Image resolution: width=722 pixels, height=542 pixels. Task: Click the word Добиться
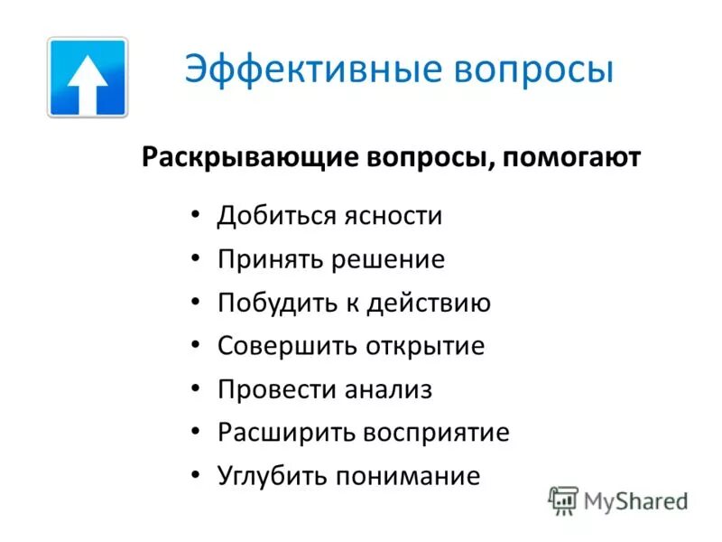tap(273, 217)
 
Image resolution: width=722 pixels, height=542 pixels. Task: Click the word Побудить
tap(273, 304)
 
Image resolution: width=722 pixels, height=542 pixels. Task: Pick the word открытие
tap(425, 346)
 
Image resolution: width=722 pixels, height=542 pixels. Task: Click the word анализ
tap(389, 389)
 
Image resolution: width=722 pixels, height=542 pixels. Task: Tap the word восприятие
tap(437, 433)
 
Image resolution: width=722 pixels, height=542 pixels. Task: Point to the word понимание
tap(405, 476)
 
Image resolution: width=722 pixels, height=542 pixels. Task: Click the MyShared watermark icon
tap(563, 500)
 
